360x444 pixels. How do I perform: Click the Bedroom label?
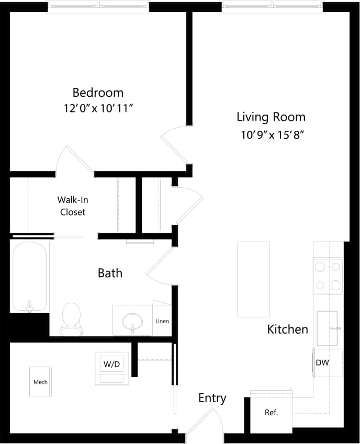[x=98, y=93]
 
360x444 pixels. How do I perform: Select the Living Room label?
[x=271, y=117]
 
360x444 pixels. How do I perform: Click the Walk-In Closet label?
[x=72, y=206]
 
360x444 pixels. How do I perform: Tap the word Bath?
[x=110, y=272]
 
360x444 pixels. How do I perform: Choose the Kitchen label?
[x=287, y=329]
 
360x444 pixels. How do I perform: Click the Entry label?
[x=212, y=398]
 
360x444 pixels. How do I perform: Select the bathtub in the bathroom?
[x=30, y=277]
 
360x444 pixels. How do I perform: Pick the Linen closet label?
[x=162, y=321]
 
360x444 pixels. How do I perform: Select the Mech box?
[x=40, y=382]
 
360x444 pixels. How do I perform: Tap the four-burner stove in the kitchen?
[x=328, y=276]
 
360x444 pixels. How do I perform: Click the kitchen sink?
[x=328, y=328]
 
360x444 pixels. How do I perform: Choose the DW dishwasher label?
[x=322, y=362]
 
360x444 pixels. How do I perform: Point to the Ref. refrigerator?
[x=271, y=413]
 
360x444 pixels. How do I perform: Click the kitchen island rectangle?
[x=253, y=279]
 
